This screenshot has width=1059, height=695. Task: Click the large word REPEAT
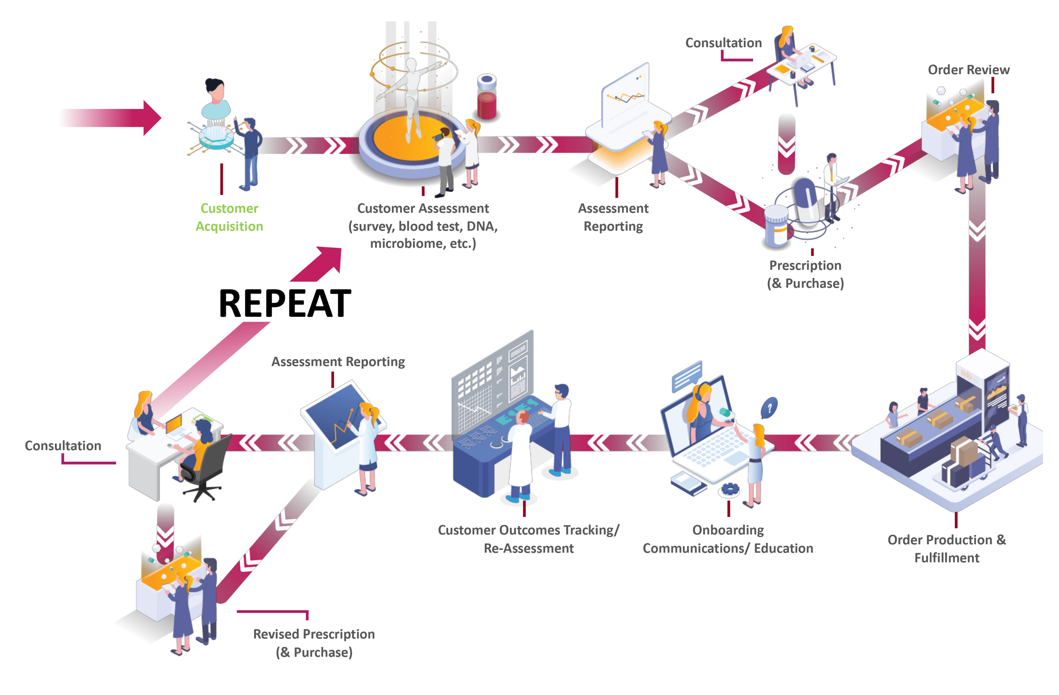[285, 303]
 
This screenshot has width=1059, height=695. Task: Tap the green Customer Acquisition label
[229, 217]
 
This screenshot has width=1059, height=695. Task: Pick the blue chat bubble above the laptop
[687, 375]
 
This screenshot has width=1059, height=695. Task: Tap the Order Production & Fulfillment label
[946, 548]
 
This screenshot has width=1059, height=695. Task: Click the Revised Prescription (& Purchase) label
[314, 643]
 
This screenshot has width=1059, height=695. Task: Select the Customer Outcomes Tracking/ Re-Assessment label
[528, 539]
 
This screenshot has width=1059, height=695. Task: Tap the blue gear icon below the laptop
[730, 489]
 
